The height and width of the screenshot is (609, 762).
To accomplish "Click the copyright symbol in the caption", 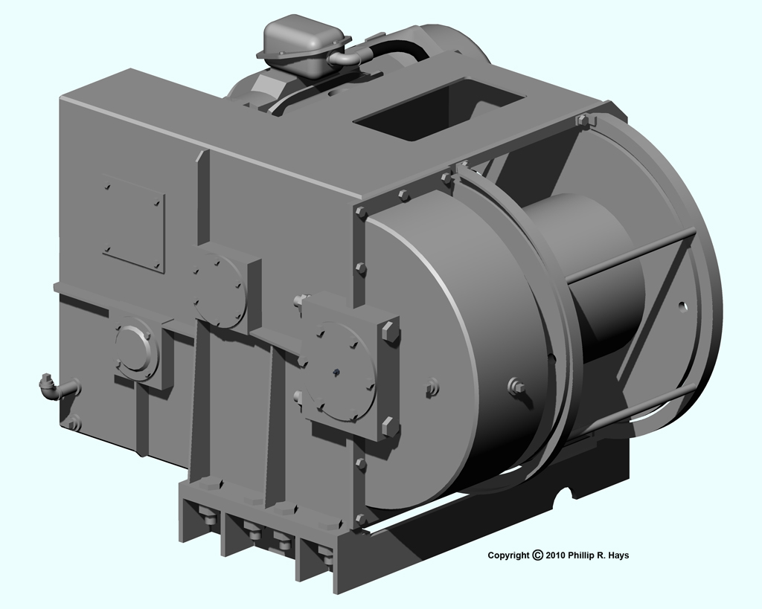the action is (x=537, y=555).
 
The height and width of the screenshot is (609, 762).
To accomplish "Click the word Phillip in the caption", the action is (x=581, y=555).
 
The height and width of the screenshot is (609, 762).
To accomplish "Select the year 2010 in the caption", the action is (x=555, y=555).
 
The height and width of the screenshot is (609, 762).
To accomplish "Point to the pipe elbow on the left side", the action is (x=54, y=387).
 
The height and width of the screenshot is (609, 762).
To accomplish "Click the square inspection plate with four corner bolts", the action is (x=134, y=223).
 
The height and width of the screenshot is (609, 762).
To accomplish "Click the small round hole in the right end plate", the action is (x=683, y=306).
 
